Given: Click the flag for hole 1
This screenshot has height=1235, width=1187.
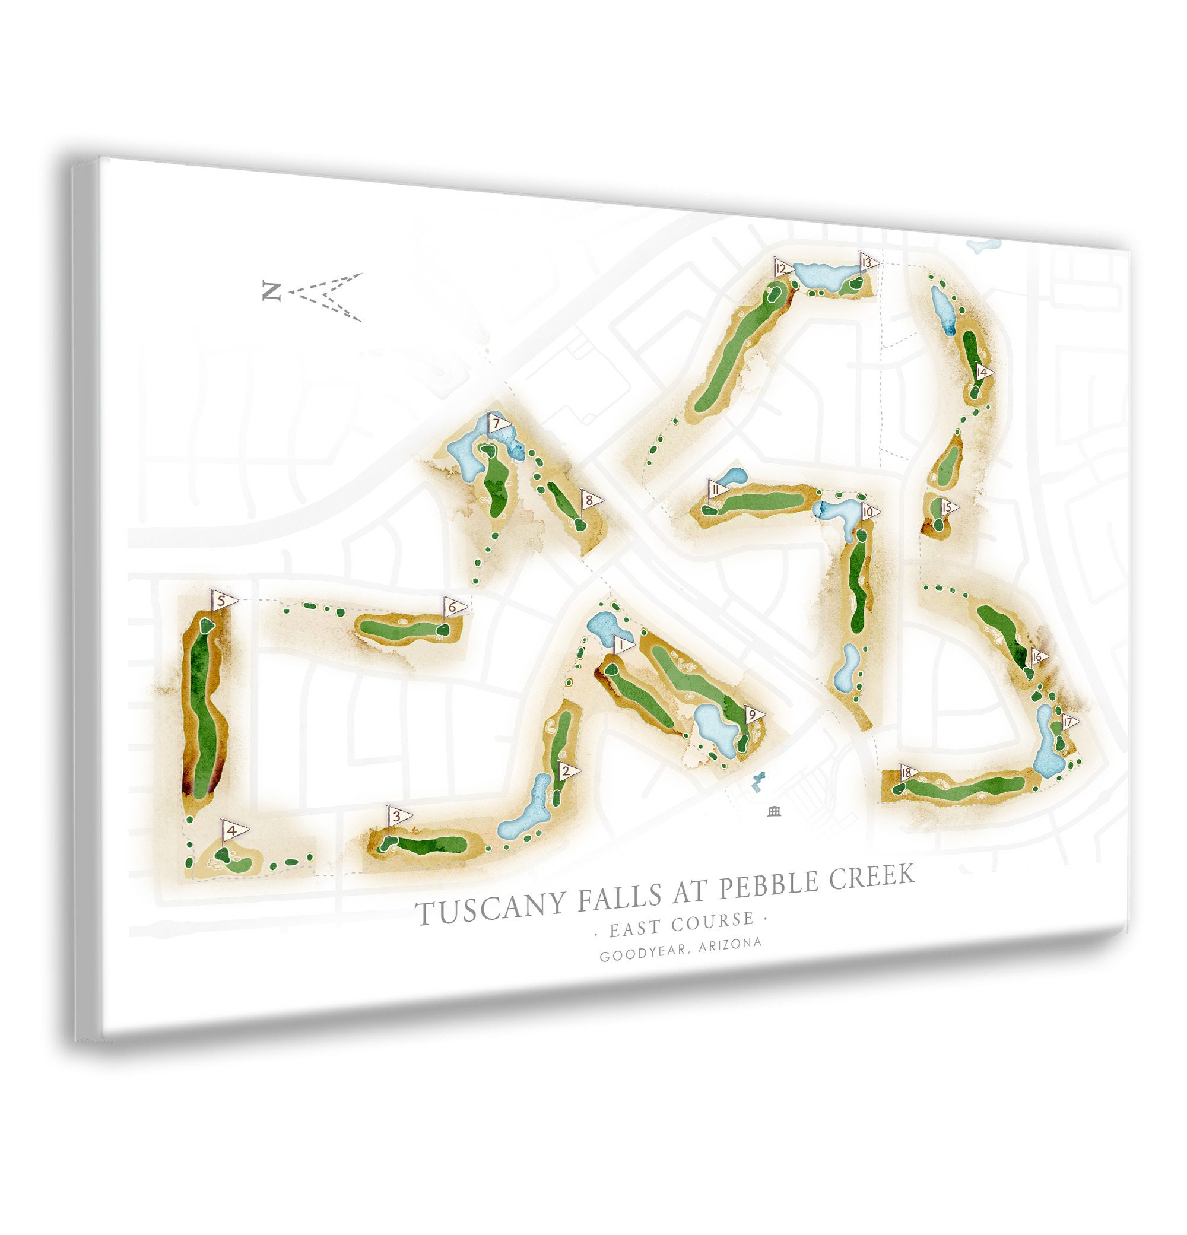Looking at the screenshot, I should click(x=624, y=645).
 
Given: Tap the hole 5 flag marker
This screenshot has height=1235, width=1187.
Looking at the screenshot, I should click(x=223, y=601).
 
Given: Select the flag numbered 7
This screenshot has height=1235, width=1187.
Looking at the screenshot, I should click(x=499, y=423).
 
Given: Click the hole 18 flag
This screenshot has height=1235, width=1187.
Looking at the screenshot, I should click(x=908, y=773).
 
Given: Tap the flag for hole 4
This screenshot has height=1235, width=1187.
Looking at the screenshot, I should click(x=234, y=830).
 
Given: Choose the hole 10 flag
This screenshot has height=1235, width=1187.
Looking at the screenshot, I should click(x=869, y=512).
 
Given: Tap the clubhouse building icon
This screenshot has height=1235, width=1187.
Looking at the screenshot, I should click(x=775, y=811).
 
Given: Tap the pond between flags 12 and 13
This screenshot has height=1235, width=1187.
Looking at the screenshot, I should click(x=826, y=275).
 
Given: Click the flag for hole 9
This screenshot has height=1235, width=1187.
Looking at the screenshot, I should click(x=754, y=715).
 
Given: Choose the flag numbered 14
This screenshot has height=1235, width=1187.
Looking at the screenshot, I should click(x=983, y=372).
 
